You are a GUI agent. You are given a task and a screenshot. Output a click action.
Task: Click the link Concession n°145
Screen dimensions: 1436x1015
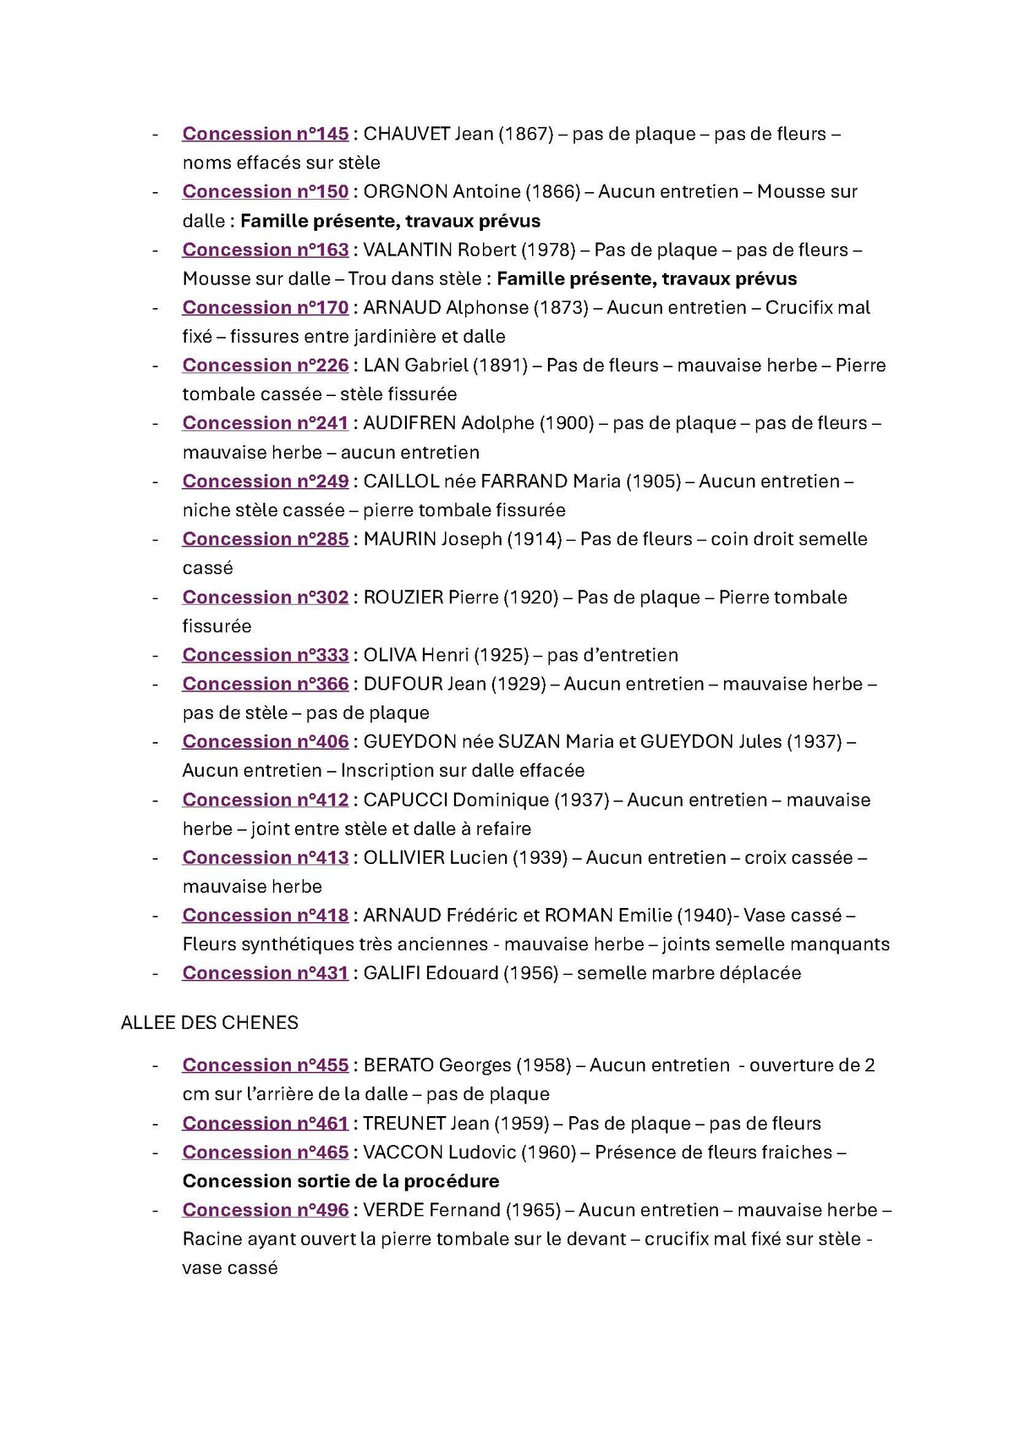click(x=265, y=134)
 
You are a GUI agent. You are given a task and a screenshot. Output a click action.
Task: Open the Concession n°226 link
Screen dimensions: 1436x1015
click(x=265, y=366)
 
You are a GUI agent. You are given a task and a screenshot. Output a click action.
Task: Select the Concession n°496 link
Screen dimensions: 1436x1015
click(x=265, y=1210)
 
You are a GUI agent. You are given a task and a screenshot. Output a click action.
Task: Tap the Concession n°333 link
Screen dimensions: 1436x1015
click(x=265, y=655)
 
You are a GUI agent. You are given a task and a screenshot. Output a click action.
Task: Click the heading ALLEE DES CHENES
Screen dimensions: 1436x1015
click(x=210, y=1022)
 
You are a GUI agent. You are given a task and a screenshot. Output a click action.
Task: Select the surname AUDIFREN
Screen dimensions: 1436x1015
click(x=409, y=423)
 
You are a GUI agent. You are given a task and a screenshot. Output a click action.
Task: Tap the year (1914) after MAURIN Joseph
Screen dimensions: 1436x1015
click(x=535, y=539)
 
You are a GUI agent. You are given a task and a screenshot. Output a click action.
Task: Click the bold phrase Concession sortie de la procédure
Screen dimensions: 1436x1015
click(x=341, y=1181)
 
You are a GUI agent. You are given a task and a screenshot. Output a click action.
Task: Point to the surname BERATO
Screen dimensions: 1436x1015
click(x=398, y=1065)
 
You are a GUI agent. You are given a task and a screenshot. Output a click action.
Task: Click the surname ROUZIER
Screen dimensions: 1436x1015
click(x=403, y=597)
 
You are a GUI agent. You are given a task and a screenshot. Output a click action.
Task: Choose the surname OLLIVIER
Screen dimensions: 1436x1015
click(x=404, y=858)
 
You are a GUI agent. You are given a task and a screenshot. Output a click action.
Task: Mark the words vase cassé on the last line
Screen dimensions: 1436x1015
click(x=230, y=1268)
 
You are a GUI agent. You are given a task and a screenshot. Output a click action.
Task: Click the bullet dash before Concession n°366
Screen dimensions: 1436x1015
click(x=156, y=684)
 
